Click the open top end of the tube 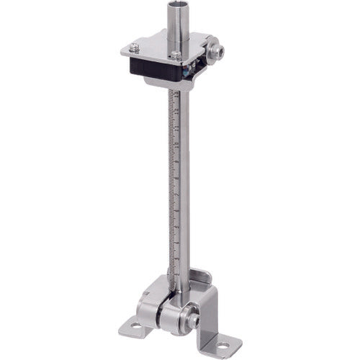pyautogui.click(x=181, y=6)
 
